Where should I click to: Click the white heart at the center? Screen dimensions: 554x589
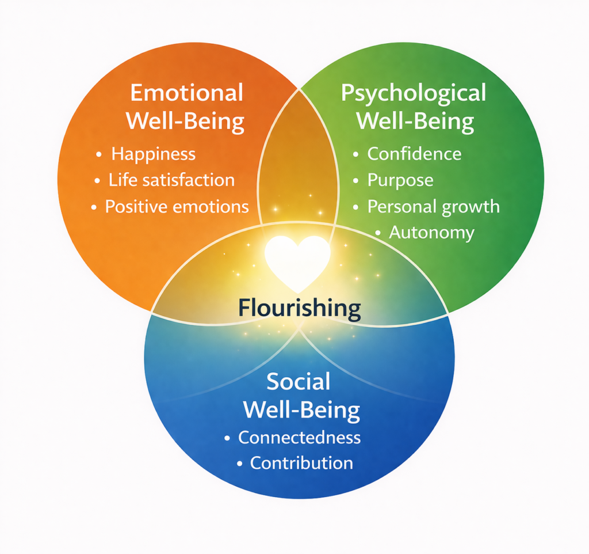[297, 260]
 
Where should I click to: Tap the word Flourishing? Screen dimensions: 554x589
[299, 309]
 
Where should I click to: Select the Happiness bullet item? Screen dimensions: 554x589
[153, 154]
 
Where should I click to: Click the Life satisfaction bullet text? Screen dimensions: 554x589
[171, 180]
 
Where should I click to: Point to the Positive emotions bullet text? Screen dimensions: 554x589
[177, 207]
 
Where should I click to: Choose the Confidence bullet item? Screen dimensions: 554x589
[414, 154]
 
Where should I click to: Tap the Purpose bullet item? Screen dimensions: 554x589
[400, 180]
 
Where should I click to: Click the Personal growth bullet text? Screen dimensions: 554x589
[433, 207]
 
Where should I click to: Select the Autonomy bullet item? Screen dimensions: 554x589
[431, 233]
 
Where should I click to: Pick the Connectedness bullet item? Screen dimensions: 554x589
[299, 438]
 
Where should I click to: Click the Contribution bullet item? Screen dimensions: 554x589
[301, 463]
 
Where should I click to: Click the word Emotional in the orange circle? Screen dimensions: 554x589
[187, 93]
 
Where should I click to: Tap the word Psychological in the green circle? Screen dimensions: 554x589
[414, 93]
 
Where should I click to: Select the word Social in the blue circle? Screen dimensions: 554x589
[299, 382]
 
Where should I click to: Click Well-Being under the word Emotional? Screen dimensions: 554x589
[185, 122]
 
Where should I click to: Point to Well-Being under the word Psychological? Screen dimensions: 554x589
[415, 122]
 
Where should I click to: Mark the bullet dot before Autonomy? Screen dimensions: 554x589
[378, 233]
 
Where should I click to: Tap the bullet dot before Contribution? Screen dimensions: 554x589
[239, 463]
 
